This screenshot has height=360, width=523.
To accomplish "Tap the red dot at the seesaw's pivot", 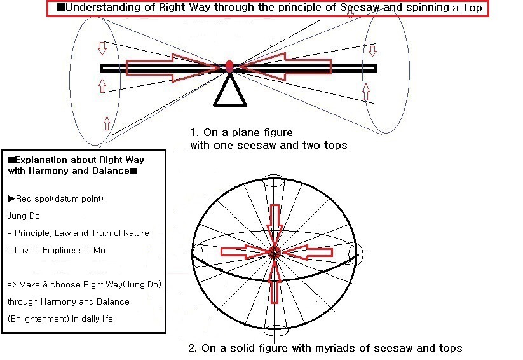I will pyautogui.click(x=229, y=65).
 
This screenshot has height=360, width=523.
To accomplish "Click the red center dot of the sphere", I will pyautogui.click(x=275, y=251).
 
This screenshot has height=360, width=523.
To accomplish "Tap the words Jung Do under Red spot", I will pyautogui.click(x=24, y=216).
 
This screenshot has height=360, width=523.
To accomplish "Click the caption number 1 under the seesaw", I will pyautogui.click(x=193, y=133).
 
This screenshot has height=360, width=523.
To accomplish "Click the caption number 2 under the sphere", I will pyautogui.click(x=192, y=349).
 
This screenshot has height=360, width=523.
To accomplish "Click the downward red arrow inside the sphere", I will pyautogui.click(x=275, y=223).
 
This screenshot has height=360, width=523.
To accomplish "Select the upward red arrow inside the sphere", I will pyautogui.click(x=275, y=281).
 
